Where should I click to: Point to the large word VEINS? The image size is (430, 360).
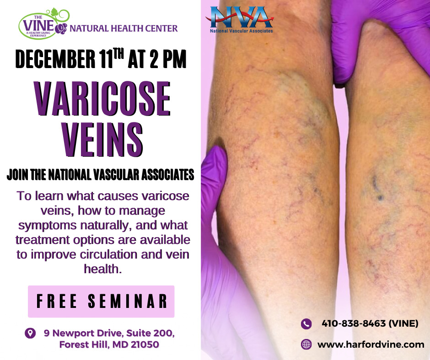point(102,136)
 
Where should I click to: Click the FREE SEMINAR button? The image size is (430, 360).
point(101,301)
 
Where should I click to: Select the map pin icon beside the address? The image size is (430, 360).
point(30,333)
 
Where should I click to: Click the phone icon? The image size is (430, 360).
point(306,324)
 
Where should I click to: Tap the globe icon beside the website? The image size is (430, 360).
point(306,344)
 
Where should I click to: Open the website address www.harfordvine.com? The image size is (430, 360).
point(371,344)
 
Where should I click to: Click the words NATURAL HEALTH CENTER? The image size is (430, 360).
point(124,28)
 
